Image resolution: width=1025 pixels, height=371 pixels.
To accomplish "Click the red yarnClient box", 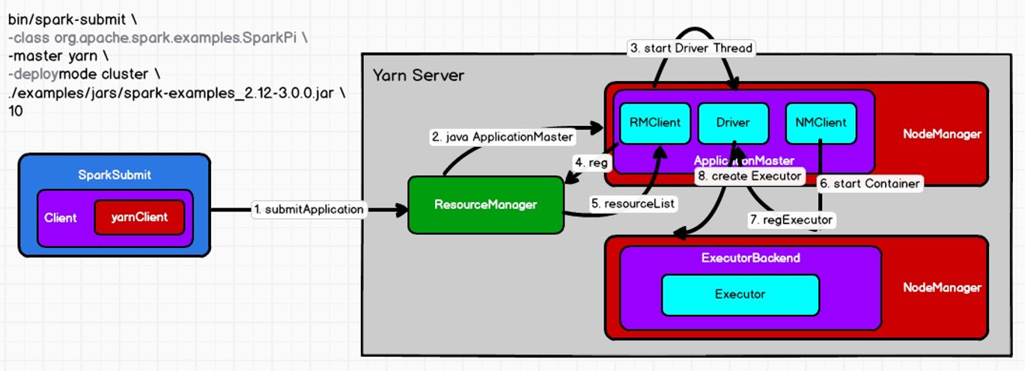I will click(139, 217).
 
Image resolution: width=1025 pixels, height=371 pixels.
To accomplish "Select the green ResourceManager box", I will click(485, 204).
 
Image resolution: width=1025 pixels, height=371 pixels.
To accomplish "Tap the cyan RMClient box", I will click(655, 123).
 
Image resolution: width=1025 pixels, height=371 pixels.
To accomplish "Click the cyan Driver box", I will click(733, 123).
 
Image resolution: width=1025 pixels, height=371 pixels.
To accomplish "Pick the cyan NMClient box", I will click(821, 123).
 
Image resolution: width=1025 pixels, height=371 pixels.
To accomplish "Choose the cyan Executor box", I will click(740, 294).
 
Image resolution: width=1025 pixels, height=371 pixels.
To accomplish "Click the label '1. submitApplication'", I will click(308, 210).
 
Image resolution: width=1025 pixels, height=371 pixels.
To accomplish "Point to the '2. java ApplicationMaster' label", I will click(502, 137).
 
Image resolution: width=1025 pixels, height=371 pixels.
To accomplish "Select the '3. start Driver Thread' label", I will click(690, 48).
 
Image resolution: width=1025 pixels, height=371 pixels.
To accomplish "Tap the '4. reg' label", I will click(590, 162).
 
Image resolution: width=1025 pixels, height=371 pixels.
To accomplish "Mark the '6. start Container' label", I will click(869, 183).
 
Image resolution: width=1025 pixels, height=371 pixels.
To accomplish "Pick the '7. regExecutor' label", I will click(791, 220).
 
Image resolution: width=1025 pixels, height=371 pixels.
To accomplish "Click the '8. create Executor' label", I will click(749, 176).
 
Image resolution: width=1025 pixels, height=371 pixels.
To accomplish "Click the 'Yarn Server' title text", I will click(419, 75).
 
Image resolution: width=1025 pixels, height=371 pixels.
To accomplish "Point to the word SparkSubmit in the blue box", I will click(115, 175).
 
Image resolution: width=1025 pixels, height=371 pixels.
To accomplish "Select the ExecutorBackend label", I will click(750, 258).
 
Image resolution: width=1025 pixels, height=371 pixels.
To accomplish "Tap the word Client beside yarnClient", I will click(61, 218).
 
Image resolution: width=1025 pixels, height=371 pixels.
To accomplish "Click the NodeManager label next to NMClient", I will click(942, 134).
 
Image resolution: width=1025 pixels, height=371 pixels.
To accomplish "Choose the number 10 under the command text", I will click(16, 111).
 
